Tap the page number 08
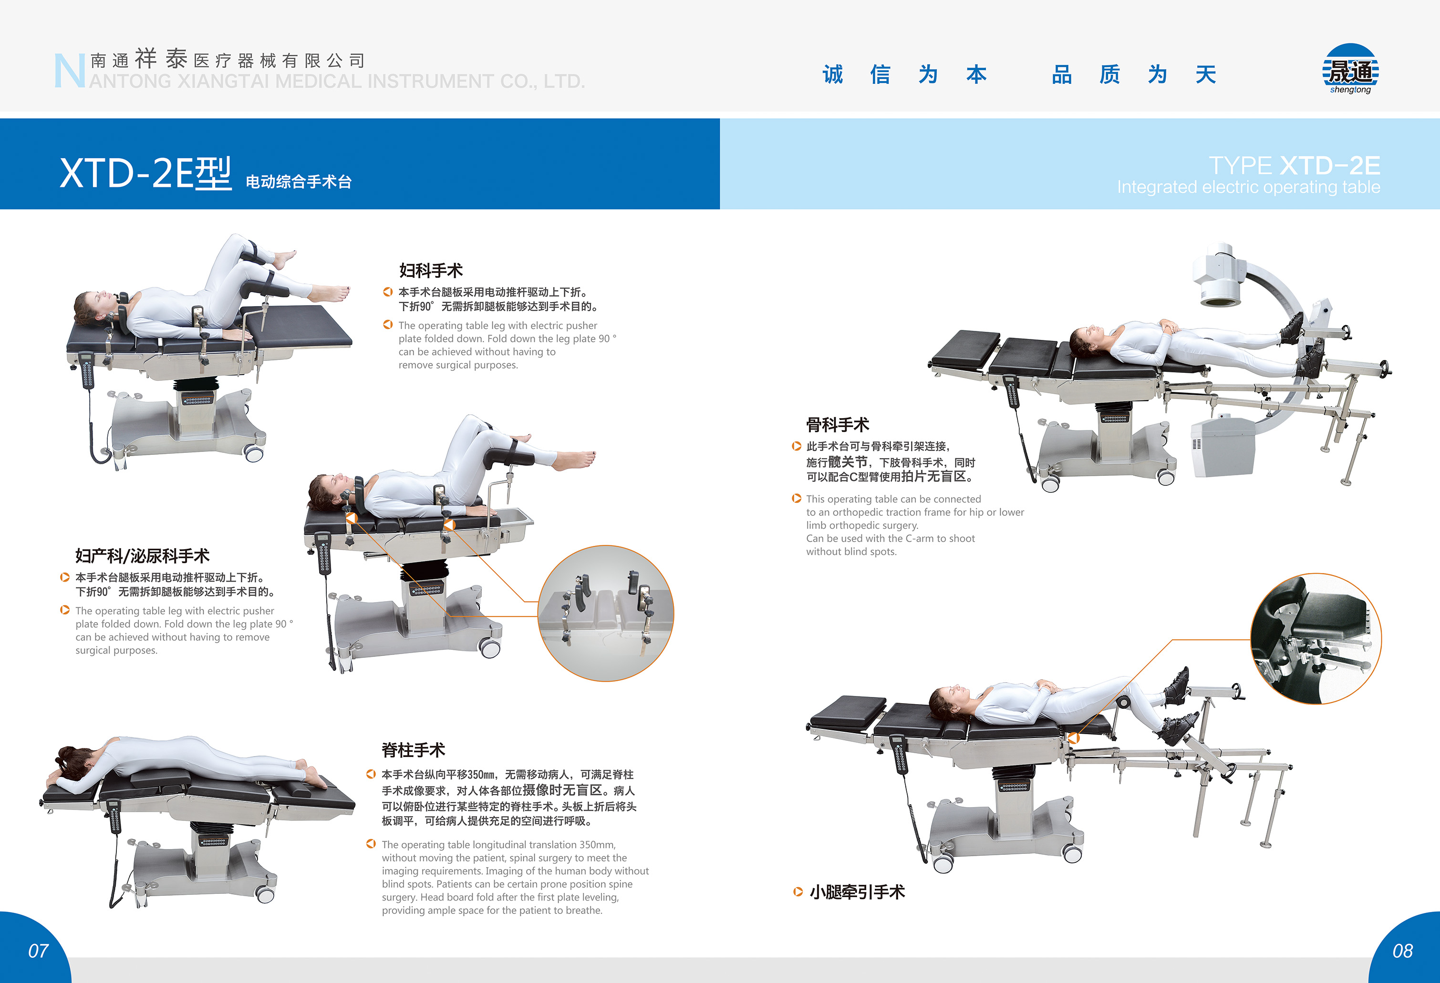1403,951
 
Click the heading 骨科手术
837,424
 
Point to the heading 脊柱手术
413,749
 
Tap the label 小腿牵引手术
857,891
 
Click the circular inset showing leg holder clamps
605,613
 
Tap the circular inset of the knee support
1316,638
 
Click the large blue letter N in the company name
69,71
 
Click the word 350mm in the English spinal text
597,844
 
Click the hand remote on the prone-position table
114,816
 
